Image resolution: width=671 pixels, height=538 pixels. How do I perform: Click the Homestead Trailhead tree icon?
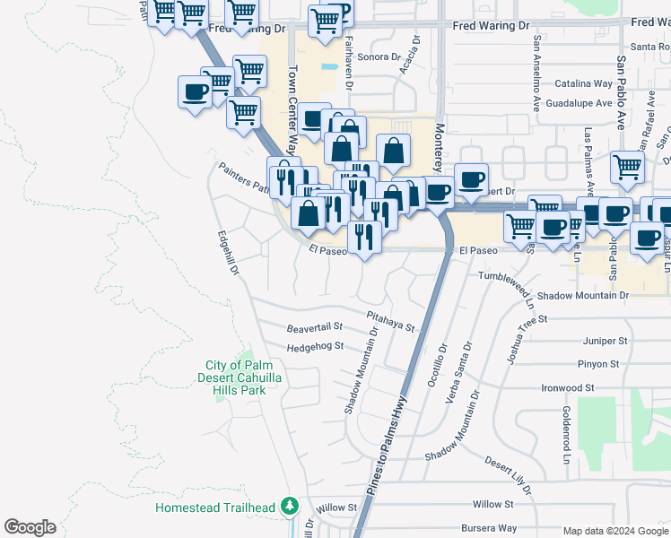[x=289, y=507]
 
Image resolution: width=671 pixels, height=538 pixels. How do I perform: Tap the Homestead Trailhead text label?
[x=214, y=508]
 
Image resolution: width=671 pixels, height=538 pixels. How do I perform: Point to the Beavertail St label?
[x=315, y=327]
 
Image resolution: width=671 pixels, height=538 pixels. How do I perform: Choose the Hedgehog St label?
[x=315, y=347]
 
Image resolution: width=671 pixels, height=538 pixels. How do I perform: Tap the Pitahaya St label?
[x=391, y=321]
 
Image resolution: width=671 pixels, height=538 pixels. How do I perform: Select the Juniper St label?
[x=604, y=341]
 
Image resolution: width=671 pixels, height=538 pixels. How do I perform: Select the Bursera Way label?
[x=489, y=528]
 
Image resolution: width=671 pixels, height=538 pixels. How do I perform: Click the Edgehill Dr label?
[x=229, y=253]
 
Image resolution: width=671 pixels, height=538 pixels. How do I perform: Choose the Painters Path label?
[x=243, y=178]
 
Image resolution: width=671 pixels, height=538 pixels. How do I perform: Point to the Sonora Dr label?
[x=379, y=56]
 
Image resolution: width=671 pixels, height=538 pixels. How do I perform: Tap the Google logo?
[x=30, y=527]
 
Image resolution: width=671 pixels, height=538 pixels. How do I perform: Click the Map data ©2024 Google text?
[x=614, y=531]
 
